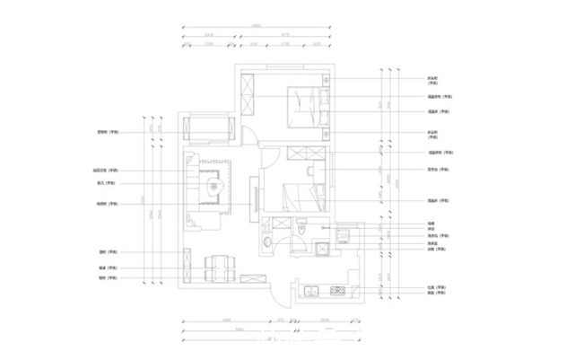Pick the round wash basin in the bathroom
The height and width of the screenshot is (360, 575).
pyautogui.click(x=267, y=241)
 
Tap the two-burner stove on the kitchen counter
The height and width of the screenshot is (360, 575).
pyautogui.click(x=338, y=290)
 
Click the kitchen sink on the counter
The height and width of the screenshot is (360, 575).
pyautogui.click(x=310, y=290)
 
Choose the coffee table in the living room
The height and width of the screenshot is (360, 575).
pyautogui.click(x=214, y=187)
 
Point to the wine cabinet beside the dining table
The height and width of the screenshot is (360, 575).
pyautogui.click(x=187, y=265)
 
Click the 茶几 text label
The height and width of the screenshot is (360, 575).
pyautogui.click(x=111, y=182)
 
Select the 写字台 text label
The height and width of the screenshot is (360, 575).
pyautogui.click(x=438, y=169)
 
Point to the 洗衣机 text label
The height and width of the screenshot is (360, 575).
pyautogui.click(x=432, y=235)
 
